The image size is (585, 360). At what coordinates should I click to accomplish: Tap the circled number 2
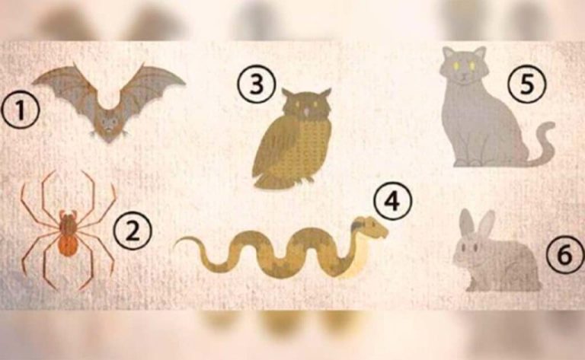pos(133,231)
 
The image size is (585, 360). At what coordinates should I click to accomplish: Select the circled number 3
pos(257,84)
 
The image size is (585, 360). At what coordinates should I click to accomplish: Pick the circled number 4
pos(392,201)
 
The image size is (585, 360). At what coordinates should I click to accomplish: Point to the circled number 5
pos(527,84)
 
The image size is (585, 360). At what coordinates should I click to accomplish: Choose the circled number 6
pos(565,255)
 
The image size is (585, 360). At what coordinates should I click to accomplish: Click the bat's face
pos(109,124)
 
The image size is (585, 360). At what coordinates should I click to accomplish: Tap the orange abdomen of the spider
pos(68,244)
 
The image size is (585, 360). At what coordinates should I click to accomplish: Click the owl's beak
pos(306,112)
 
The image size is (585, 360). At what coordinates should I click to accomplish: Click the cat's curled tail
pos(543,144)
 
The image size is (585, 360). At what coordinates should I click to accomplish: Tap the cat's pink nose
pos(463,74)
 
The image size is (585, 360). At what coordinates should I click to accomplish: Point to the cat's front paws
pos(468,162)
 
